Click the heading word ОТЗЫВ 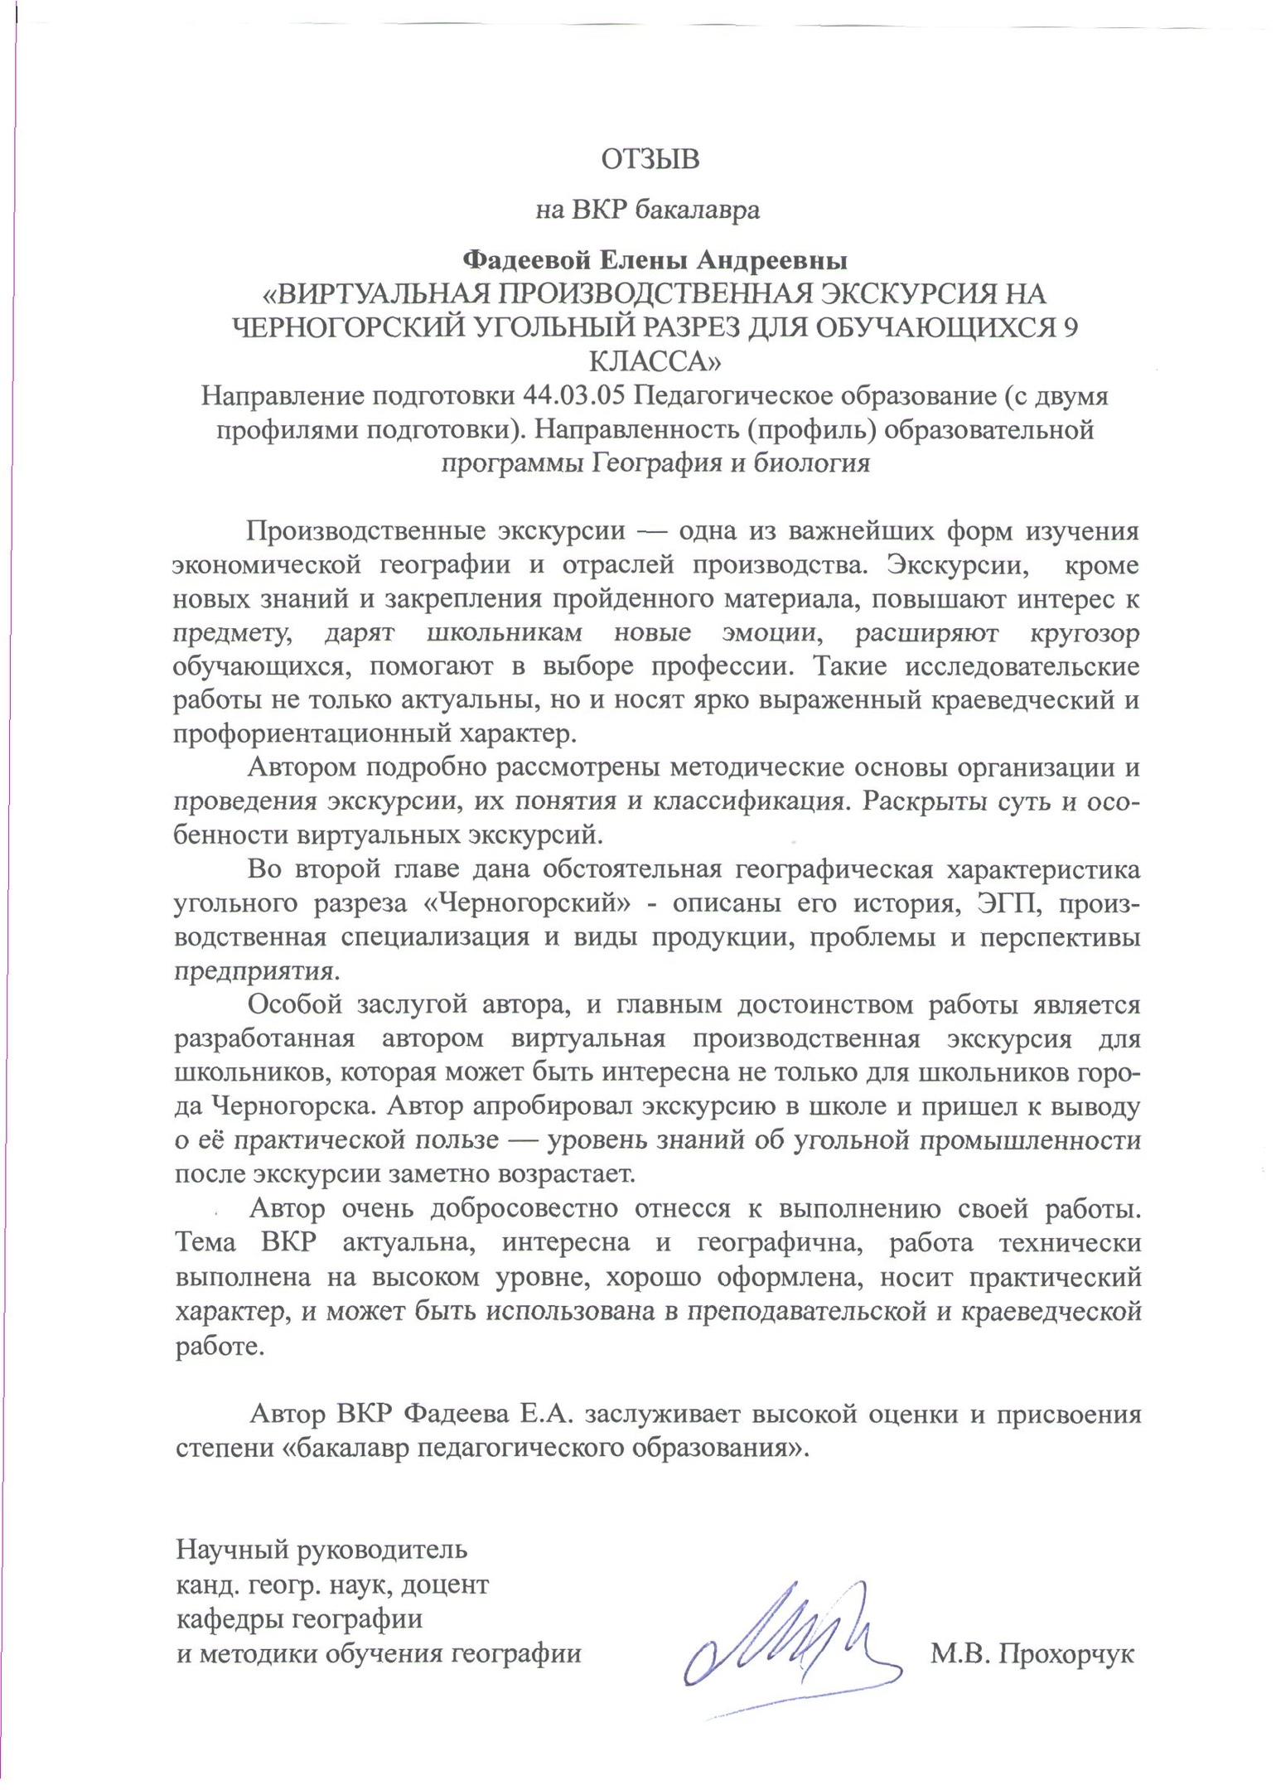point(650,159)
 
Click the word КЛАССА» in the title point(655,362)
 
